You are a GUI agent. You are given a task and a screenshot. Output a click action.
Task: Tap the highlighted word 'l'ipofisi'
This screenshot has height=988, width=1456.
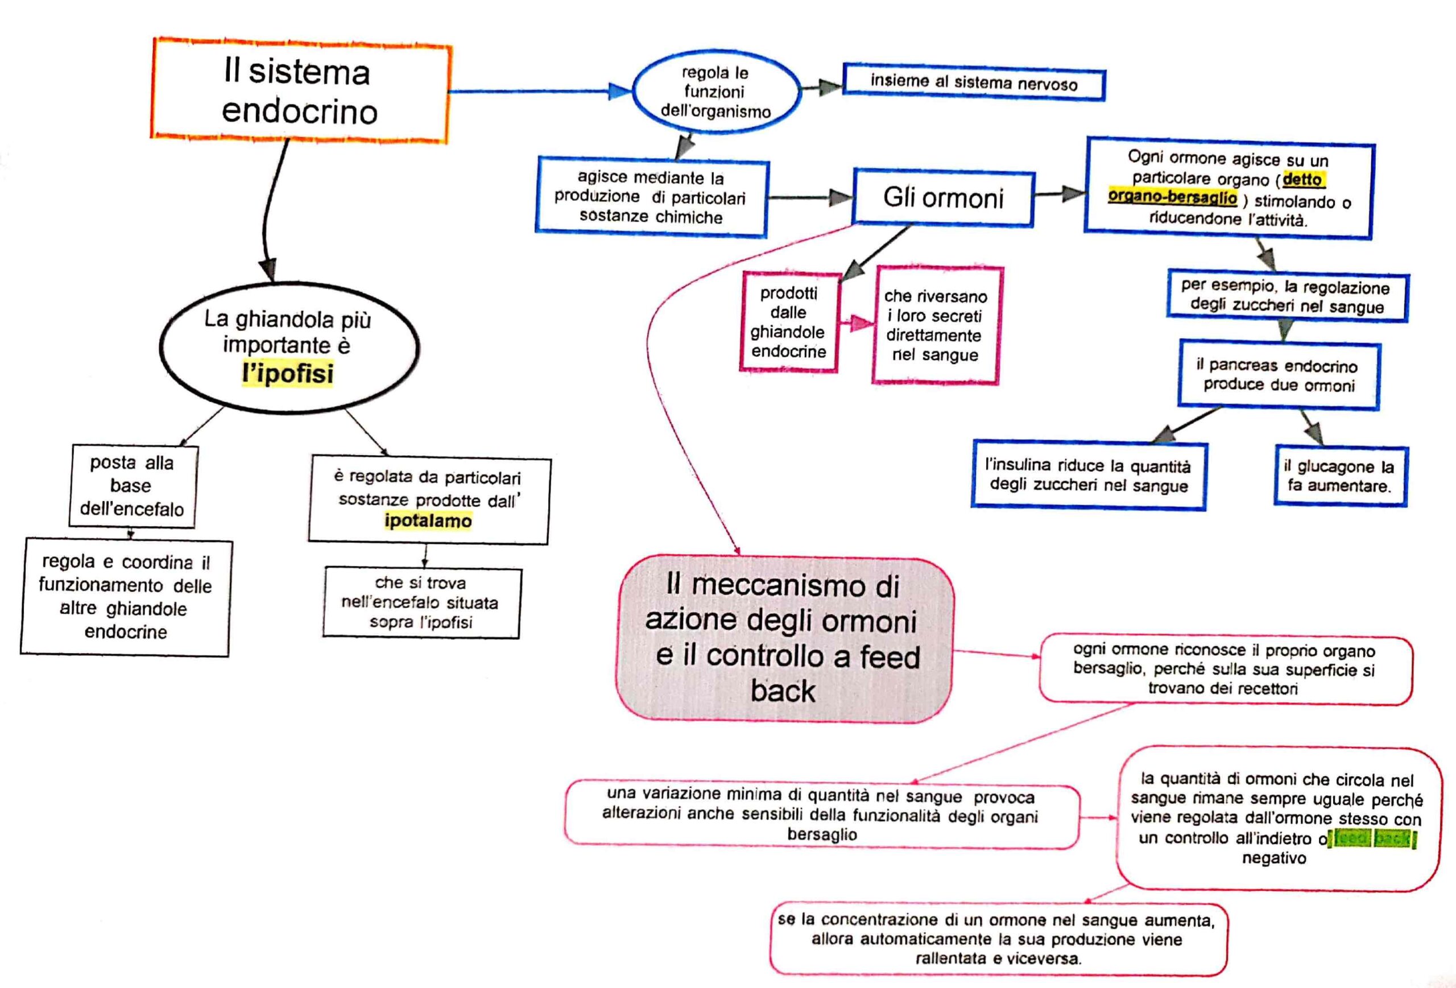pyautogui.click(x=288, y=373)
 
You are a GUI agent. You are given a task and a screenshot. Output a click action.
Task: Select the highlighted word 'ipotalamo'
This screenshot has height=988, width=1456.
pyautogui.click(x=428, y=520)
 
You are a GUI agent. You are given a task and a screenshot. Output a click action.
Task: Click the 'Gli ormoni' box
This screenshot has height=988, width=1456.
pyautogui.click(x=943, y=197)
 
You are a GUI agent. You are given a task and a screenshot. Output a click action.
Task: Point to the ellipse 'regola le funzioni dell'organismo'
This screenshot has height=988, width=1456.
pyautogui.click(x=716, y=92)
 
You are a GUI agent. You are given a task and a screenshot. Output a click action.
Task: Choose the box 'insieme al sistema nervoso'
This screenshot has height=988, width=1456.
pyautogui.click(x=974, y=82)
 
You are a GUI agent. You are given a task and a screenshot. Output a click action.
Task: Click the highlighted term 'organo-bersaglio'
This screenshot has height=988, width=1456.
pyautogui.click(x=1172, y=197)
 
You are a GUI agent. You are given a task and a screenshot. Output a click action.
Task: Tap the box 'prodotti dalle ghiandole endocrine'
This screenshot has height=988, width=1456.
pyautogui.click(x=789, y=322)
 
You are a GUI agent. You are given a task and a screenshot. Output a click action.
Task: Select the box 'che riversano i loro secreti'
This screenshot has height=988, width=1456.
pyautogui.click(x=936, y=325)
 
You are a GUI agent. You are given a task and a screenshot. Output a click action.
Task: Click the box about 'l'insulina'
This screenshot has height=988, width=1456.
pyautogui.click(x=1088, y=476)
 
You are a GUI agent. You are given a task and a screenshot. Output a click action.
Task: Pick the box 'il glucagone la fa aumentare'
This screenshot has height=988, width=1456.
pyautogui.click(x=1339, y=476)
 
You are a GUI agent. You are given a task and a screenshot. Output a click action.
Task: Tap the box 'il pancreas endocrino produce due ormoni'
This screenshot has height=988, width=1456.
pyautogui.click(x=1279, y=375)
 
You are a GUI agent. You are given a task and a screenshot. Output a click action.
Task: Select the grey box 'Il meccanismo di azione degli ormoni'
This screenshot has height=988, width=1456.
pyautogui.click(x=784, y=638)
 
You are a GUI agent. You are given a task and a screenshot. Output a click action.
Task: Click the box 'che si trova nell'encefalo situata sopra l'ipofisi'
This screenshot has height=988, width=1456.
pyautogui.click(x=421, y=602)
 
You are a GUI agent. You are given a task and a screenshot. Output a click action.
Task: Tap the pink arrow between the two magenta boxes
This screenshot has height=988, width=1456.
pyautogui.click(x=857, y=324)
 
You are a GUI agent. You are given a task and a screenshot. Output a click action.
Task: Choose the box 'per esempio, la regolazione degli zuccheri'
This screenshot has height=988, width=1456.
pyautogui.click(x=1286, y=297)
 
